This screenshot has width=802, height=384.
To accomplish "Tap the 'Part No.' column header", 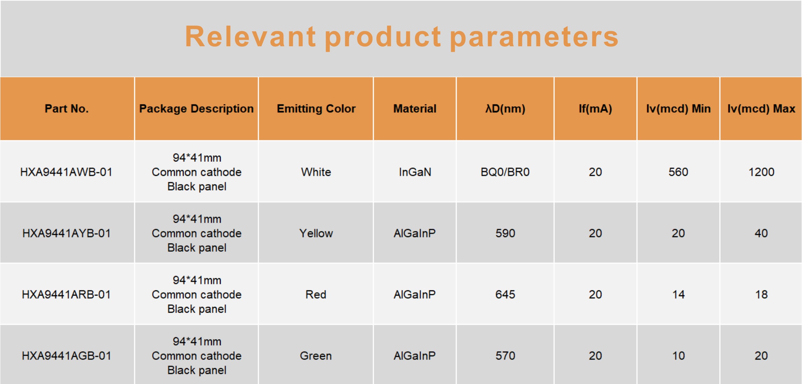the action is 67,108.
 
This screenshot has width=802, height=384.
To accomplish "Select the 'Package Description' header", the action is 197,109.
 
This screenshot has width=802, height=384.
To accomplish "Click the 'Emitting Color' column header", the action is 316,109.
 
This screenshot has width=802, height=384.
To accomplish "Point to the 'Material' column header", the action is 415,108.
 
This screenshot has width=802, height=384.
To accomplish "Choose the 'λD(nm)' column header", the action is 505,109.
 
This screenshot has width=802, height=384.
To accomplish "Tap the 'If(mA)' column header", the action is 595,109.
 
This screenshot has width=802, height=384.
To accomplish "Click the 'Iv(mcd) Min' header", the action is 678,109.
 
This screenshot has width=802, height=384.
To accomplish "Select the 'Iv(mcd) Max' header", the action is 761,109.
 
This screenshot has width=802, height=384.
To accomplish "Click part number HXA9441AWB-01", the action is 66,172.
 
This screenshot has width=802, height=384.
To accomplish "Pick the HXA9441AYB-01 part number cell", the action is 66,233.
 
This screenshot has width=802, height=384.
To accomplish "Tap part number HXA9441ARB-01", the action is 66,294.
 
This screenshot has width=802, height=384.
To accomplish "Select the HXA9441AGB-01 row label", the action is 66,356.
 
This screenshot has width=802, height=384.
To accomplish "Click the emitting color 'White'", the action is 316,172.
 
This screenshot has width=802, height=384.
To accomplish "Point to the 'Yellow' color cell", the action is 316,233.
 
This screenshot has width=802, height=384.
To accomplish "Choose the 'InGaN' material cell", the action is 415,172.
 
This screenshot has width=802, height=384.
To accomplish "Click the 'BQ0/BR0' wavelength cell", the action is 505,172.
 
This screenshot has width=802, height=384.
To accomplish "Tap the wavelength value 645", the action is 505,294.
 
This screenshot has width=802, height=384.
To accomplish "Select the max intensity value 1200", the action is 761,172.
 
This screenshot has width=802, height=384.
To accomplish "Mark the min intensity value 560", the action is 678,172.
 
